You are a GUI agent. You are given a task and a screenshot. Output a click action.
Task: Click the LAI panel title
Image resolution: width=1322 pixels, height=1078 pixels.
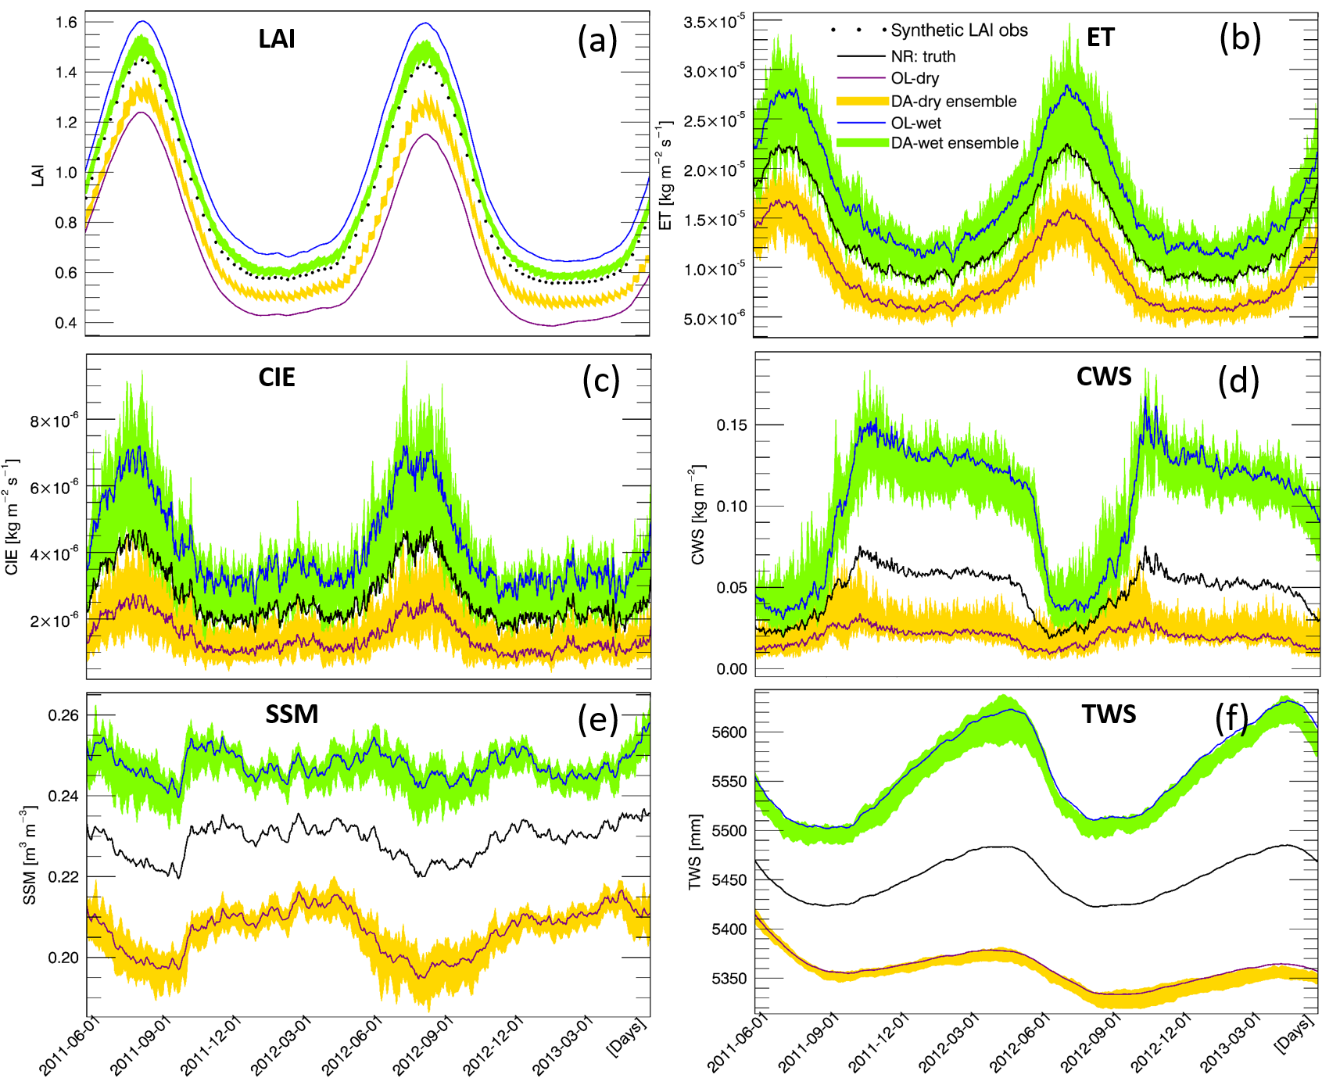(x=277, y=38)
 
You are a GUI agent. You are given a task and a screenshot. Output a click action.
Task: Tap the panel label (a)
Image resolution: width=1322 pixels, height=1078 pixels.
(x=597, y=40)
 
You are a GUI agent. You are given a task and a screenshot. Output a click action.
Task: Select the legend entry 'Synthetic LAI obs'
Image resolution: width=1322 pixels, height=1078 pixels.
(x=958, y=30)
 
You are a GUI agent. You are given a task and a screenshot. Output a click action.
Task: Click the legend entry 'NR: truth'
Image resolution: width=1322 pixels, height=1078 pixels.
(x=923, y=56)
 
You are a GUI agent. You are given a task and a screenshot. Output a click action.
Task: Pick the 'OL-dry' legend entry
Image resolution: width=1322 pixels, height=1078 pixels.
(x=915, y=78)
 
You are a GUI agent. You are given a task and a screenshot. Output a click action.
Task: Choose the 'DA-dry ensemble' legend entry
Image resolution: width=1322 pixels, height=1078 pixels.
(x=953, y=102)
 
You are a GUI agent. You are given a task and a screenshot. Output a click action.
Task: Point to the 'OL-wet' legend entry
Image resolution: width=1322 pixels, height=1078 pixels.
(x=915, y=123)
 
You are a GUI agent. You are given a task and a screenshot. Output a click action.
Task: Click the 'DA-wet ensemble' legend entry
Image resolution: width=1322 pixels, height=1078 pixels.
(x=954, y=143)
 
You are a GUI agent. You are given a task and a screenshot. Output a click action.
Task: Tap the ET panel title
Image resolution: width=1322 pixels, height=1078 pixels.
(x=1100, y=38)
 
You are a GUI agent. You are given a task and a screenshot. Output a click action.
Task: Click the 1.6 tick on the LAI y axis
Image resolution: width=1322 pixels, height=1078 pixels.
(x=66, y=22)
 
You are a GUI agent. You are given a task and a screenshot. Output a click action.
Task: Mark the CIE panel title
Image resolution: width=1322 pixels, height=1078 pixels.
(x=277, y=378)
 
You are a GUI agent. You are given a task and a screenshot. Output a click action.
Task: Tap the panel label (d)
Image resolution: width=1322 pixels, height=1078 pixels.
(x=1238, y=381)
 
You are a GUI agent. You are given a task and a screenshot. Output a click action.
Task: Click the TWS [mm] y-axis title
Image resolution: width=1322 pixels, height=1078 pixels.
(x=694, y=852)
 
